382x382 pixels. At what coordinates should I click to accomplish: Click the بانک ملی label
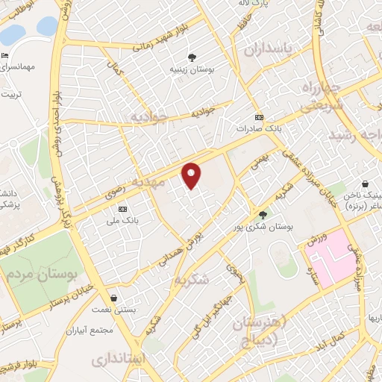point(123,222)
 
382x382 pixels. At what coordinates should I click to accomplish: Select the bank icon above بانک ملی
point(123,209)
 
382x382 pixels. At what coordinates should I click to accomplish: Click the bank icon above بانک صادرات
point(259,117)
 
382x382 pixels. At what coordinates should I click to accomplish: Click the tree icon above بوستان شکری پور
point(262,214)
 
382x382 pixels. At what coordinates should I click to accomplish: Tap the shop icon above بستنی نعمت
point(113,297)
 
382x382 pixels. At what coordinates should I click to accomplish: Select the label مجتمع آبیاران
point(88,329)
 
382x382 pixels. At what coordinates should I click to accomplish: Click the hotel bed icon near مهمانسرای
point(5,56)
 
